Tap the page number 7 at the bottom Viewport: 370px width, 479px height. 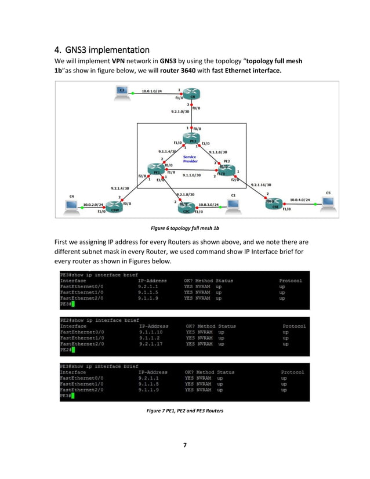tap(184, 445)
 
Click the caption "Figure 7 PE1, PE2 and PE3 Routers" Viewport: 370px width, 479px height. tap(185, 411)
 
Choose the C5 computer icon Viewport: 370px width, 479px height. tap(328, 201)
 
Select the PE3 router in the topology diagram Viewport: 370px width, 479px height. tap(191, 139)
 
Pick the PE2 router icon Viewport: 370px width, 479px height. tap(226, 169)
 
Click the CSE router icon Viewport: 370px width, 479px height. tap(273, 204)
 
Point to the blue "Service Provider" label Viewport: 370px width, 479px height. tap(190, 159)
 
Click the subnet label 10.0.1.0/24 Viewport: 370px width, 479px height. tap(153, 90)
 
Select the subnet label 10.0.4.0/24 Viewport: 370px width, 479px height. tap(300, 199)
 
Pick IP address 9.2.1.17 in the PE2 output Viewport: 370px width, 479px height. tap(151, 344)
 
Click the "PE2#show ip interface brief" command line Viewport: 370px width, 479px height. tap(99, 320)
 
